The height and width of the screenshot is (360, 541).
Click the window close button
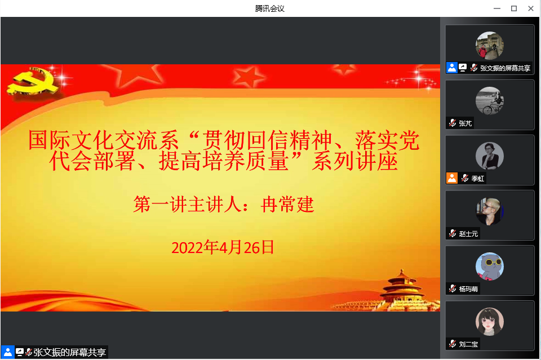click(531, 8)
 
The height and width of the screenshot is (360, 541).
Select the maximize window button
click(514, 8)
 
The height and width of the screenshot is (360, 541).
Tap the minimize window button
click(497, 8)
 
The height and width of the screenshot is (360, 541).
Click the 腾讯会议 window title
click(270, 8)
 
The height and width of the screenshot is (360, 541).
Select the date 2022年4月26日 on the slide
click(223, 247)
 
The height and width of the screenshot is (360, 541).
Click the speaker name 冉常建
click(287, 205)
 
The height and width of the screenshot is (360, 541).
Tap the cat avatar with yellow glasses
click(490, 266)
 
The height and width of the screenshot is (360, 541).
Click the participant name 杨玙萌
click(468, 289)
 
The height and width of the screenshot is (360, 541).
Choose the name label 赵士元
click(468, 234)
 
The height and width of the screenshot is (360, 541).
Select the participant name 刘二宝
click(468, 344)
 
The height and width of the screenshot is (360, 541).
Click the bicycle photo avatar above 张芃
click(490, 101)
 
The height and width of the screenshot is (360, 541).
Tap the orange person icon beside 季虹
click(452, 178)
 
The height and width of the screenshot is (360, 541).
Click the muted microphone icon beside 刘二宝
click(453, 344)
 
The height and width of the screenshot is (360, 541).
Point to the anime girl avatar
click(490, 321)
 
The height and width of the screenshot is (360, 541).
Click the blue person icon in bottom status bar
click(7, 352)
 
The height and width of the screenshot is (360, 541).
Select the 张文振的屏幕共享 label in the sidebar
click(505, 68)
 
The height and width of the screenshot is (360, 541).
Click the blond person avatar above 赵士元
click(490, 211)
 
